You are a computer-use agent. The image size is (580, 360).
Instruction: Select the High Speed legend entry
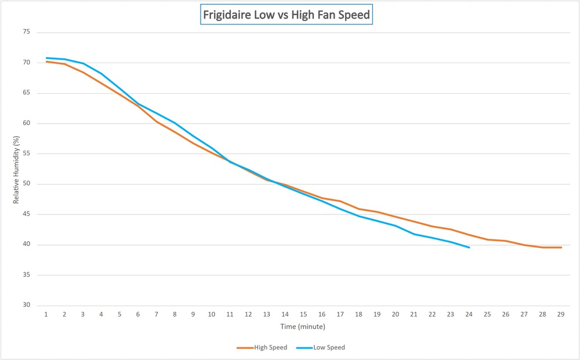click(x=269, y=348)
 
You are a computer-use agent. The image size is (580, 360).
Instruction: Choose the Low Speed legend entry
click(x=329, y=348)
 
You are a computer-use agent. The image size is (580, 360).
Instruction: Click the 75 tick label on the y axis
click(x=26, y=32)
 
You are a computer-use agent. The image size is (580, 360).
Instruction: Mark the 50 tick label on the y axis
click(x=26, y=184)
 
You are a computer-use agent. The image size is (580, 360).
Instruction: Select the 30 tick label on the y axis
click(x=26, y=306)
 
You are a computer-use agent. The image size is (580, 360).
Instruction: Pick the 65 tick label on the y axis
click(x=26, y=93)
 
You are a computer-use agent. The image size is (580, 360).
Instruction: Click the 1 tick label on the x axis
click(x=46, y=314)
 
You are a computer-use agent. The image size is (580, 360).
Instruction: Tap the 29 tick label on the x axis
click(x=561, y=314)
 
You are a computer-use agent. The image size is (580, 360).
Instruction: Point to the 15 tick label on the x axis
click(x=304, y=314)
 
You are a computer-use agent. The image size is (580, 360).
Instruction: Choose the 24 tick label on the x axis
click(x=469, y=314)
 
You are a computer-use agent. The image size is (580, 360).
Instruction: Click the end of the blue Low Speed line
click(x=469, y=248)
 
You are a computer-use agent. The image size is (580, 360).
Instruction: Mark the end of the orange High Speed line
click(x=561, y=248)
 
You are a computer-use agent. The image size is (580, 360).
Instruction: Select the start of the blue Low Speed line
click(x=46, y=58)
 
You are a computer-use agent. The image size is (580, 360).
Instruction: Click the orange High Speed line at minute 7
click(x=157, y=122)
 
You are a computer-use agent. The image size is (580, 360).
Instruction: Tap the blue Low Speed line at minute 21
click(x=414, y=234)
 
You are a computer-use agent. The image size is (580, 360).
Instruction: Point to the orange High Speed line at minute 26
click(x=506, y=241)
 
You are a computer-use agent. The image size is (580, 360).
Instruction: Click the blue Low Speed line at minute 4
click(x=101, y=73)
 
